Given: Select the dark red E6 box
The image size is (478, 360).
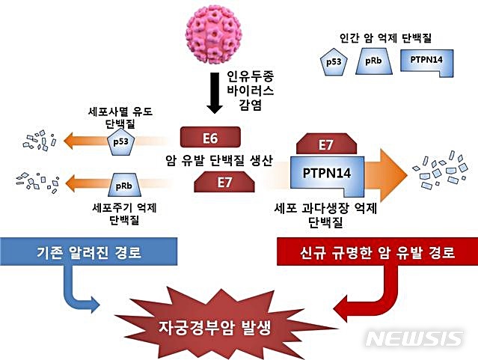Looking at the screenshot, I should pyautogui.click(x=210, y=138).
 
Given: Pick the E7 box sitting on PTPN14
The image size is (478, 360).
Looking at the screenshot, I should pyautogui.click(x=325, y=144).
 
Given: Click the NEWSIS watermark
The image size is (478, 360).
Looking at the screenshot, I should pyautogui.click(x=414, y=338).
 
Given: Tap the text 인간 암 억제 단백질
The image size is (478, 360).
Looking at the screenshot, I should pyautogui.click(x=387, y=36).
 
